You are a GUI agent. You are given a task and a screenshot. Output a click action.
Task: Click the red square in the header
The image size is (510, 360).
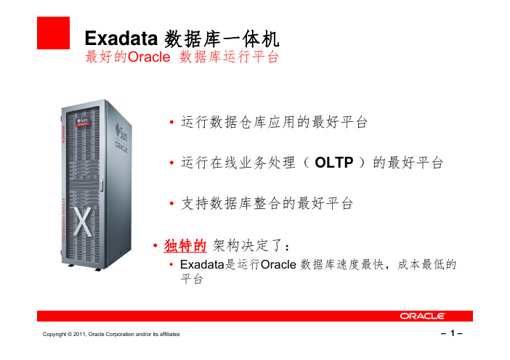click(53, 33)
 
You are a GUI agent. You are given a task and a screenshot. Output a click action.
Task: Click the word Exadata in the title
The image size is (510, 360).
click(121, 38)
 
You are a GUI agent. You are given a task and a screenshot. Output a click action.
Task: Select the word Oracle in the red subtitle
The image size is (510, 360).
click(149, 57)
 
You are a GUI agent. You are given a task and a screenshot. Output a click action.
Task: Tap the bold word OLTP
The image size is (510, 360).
click(334, 163)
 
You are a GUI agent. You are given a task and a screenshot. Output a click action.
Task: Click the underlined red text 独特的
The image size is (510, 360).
click(185, 245)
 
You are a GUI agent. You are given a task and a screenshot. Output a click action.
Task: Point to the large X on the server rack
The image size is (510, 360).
click(82, 221)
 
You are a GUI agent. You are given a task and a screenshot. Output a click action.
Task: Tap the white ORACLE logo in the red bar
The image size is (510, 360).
click(422, 316)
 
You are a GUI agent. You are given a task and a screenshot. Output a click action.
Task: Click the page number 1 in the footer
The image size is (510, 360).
click(452, 333)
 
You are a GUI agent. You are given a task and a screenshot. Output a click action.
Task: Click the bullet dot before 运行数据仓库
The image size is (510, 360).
click(171, 122)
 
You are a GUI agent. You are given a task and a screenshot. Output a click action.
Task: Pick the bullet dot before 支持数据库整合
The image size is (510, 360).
click(171, 204)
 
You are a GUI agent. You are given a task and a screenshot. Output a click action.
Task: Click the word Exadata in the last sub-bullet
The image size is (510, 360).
click(202, 264)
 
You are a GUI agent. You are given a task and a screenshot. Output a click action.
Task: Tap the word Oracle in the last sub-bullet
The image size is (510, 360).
click(278, 264)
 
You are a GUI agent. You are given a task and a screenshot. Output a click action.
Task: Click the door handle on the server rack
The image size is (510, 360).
click(101, 185)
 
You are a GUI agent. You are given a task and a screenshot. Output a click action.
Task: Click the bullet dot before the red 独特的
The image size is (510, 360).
click(155, 245)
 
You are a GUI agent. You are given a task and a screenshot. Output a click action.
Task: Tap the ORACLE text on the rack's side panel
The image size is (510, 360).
click(121, 147)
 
